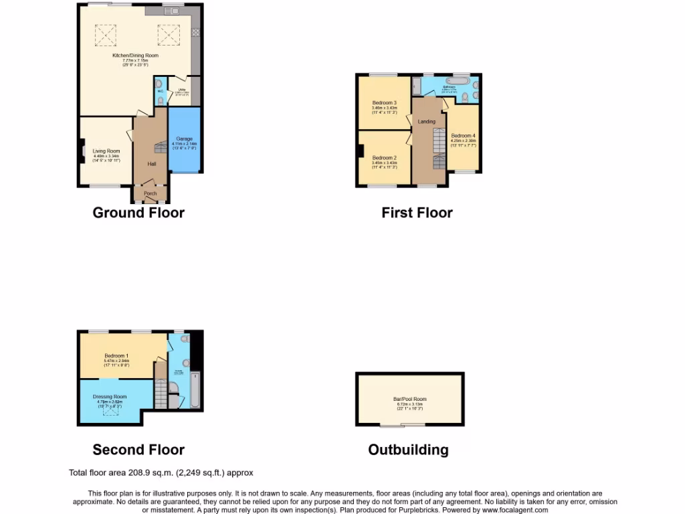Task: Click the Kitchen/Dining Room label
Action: click(135, 56)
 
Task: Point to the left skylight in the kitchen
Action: click(105, 33)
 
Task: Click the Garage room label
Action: click(183, 139)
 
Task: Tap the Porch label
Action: click(150, 194)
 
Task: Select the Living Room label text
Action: click(106, 151)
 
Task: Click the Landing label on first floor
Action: click(427, 122)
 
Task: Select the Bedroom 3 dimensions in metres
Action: click(385, 108)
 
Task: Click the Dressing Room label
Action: click(110, 396)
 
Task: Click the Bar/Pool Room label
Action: click(409, 400)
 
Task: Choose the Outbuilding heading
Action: click(408, 450)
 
